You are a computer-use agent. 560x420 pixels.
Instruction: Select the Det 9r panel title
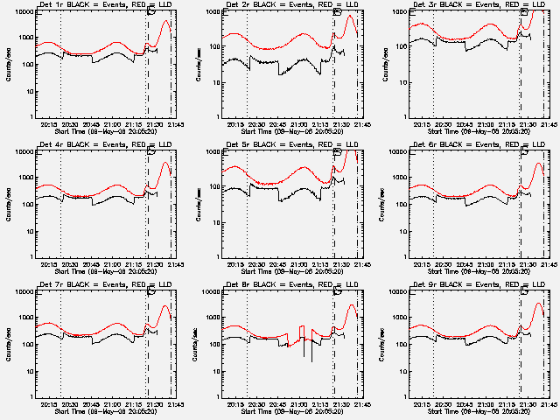478,285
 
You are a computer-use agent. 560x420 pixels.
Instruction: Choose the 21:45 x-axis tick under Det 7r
170,402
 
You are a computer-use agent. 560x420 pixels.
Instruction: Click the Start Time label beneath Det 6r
478,269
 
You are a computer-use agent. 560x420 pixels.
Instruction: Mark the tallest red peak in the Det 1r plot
165,21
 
